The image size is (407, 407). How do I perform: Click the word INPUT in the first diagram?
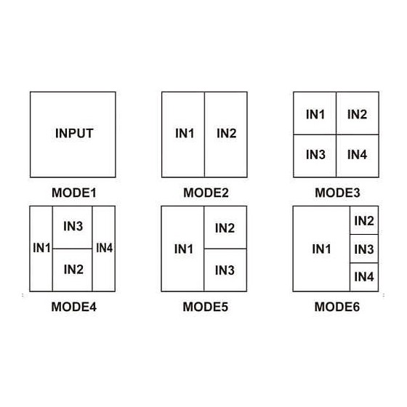pyautogui.click(x=74, y=134)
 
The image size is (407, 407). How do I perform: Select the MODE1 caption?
pyautogui.click(x=74, y=193)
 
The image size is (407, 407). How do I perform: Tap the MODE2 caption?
pyautogui.click(x=206, y=193)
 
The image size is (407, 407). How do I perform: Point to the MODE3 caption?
pyautogui.click(x=337, y=193)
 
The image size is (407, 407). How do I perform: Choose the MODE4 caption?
pyautogui.click(x=74, y=307)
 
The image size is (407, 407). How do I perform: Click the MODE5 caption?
pyautogui.click(x=206, y=307)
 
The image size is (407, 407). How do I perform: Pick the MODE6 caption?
pyautogui.click(x=337, y=307)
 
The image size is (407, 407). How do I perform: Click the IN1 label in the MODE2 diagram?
pyautogui.click(x=185, y=134)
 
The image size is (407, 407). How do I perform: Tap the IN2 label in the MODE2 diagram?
pyautogui.click(x=227, y=134)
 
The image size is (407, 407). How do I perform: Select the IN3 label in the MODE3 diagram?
pyautogui.click(x=315, y=155)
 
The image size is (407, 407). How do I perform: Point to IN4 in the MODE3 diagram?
pyautogui.click(x=357, y=155)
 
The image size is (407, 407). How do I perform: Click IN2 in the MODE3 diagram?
pyautogui.click(x=357, y=115)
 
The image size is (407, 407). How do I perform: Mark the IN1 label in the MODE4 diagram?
pyautogui.click(x=42, y=248)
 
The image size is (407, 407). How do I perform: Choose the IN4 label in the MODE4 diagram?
pyautogui.click(x=105, y=248)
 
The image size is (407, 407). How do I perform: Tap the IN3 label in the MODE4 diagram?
pyautogui.click(x=73, y=226)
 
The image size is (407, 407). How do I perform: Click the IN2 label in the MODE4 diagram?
pyautogui.click(x=73, y=270)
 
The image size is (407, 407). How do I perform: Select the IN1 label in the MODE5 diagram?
pyautogui.click(x=184, y=249)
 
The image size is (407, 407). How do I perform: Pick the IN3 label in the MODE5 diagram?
pyautogui.click(x=225, y=270)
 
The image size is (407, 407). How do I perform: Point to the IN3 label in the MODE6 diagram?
pyautogui.click(x=364, y=249)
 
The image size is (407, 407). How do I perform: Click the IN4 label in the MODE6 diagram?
pyautogui.click(x=364, y=277)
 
